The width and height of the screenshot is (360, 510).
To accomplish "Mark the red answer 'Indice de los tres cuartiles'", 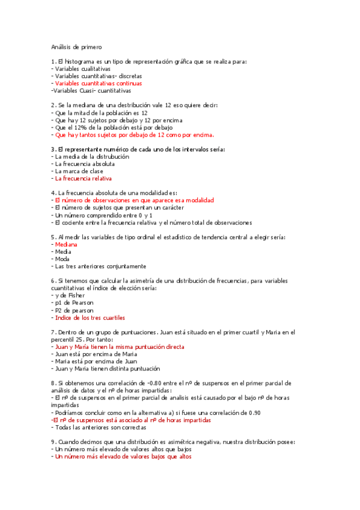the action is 90,318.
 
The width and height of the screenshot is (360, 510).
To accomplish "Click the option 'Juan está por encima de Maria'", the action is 96,354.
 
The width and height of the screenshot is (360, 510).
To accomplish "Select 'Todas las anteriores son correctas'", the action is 100,427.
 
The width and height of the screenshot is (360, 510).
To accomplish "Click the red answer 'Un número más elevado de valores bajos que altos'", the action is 123,456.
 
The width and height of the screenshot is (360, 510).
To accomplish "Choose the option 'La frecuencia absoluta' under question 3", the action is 85,164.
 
